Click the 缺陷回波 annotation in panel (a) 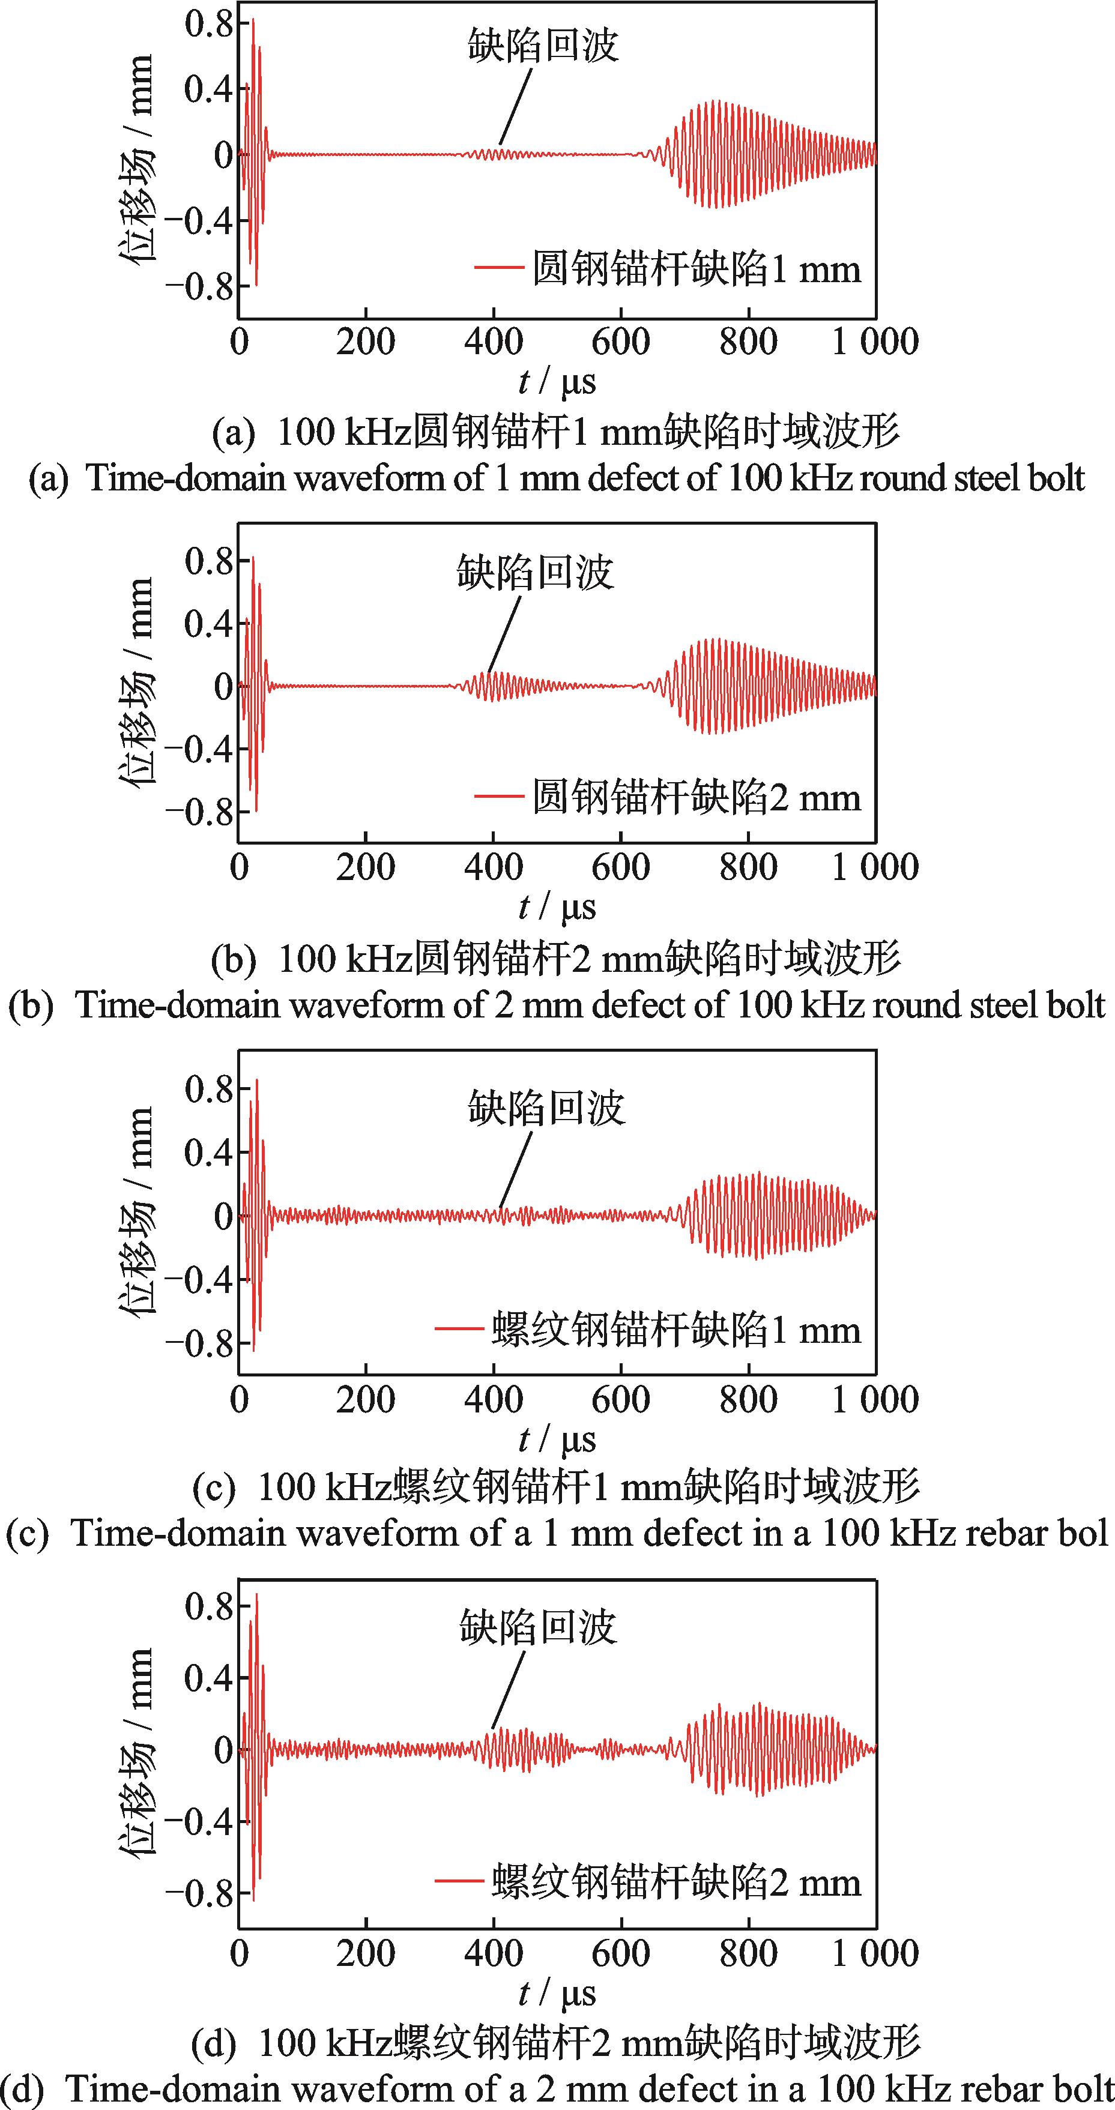542,46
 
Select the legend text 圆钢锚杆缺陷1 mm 696,269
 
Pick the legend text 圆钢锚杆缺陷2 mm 696,797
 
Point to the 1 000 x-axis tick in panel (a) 874,342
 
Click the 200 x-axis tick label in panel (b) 366,867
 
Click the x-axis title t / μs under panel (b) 557,908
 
